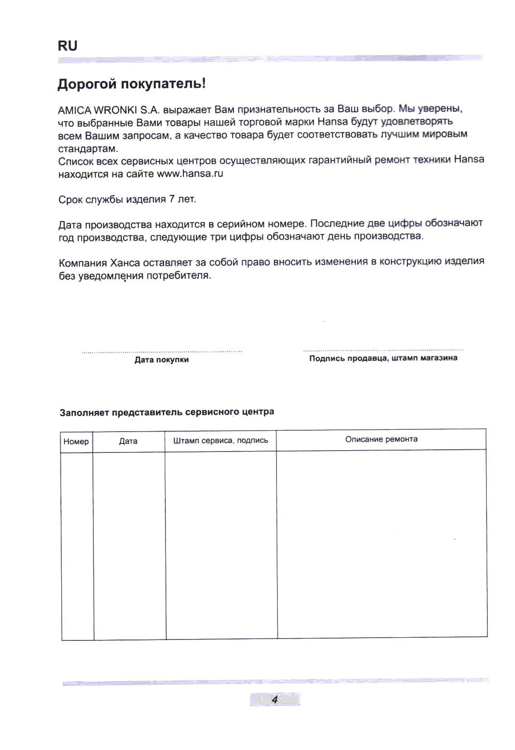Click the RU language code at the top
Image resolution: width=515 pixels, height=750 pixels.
pyautogui.click(x=68, y=46)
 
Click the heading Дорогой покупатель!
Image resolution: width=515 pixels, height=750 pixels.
pyautogui.click(x=131, y=84)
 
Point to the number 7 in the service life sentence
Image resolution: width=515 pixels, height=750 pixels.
pyautogui.click(x=172, y=199)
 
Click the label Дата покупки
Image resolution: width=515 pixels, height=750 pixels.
pyautogui.click(x=161, y=360)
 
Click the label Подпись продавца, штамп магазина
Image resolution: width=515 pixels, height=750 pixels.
pyautogui.click(x=383, y=358)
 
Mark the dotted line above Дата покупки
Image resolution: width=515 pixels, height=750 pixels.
pyautogui.click(x=161, y=351)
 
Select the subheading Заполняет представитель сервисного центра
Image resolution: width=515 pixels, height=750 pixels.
pyautogui.click(x=167, y=412)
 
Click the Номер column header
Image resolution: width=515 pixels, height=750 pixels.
pyautogui.click(x=76, y=442)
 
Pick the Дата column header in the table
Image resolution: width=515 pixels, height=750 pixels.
pyautogui.click(x=128, y=441)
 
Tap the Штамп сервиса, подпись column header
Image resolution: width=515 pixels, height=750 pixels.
pyautogui.click(x=220, y=440)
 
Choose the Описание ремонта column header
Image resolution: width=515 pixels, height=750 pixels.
pyautogui.click(x=381, y=439)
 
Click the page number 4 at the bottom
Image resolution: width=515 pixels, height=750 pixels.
pyautogui.click(x=274, y=699)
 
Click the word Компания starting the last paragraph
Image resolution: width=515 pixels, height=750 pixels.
pyautogui.click(x=83, y=263)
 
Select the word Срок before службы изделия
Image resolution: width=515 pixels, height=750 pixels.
pyautogui.click(x=70, y=199)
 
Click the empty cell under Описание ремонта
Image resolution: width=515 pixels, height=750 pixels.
pyautogui.click(x=382, y=543)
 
